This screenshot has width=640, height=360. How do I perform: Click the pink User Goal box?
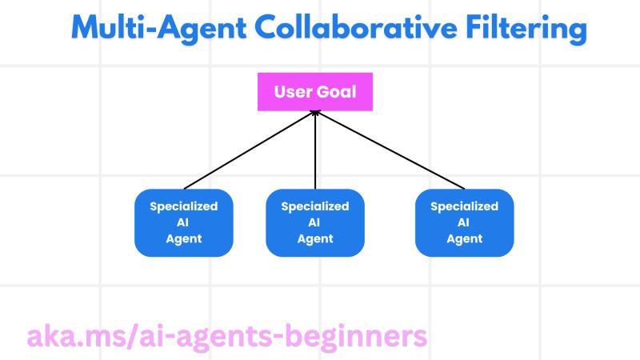pyautogui.click(x=314, y=91)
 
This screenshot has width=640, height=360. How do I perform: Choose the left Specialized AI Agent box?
pyautogui.click(x=183, y=222)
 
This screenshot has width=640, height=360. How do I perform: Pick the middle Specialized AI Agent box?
pyautogui.click(x=314, y=222)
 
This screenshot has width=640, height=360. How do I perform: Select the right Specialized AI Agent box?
pyautogui.click(x=464, y=222)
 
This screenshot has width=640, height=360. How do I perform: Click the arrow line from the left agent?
pyautogui.click(x=248, y=150)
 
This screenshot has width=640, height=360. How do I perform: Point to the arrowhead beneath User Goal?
pyautogui.click(x=315, y=114)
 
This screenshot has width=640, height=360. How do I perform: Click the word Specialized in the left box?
pyautogui.click(x=183, y=206)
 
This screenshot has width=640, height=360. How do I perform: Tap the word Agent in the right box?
pyautogui.click(x=464, y=238)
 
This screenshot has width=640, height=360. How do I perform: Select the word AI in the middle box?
pyautogui.click(x=314, y=222)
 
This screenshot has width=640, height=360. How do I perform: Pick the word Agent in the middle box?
pyautogui.click(x=314, y=238)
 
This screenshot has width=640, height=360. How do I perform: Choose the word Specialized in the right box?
pyautogui.click(x=464, y=206)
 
